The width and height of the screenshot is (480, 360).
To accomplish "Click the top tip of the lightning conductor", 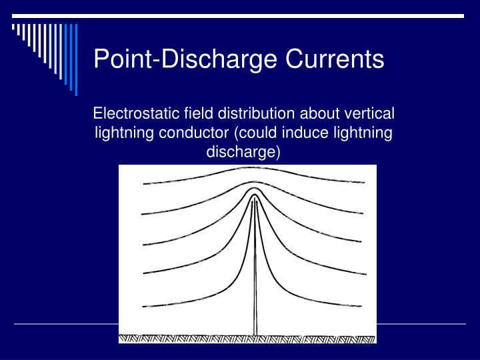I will pos(254,198).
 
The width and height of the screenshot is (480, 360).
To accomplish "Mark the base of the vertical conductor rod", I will pos(255,333).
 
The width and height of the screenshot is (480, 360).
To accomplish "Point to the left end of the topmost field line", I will pos(145,183).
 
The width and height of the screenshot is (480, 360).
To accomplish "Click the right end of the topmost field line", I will pos(364,181).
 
